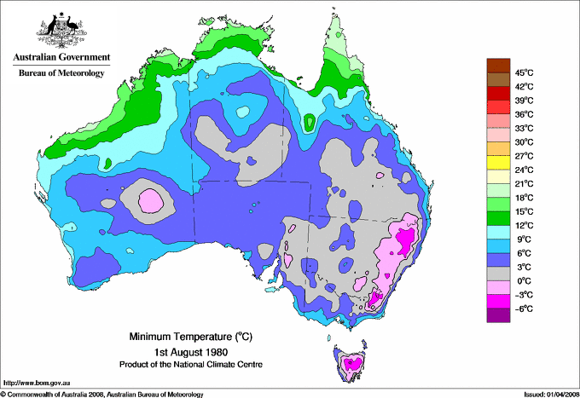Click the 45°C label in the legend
pyautogui.click(x=523, y=72)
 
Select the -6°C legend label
pyautogui.click(x=523, y=308)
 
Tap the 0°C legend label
pyautogui.click(x=523, y=280)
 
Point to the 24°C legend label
pyautogui.click(x=523, y=170)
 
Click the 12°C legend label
pyautogui.click(x=523, y=225)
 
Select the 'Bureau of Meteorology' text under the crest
pyautogui.click(x=61, y=73)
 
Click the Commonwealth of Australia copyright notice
pyautogui.click(x=102, y=393)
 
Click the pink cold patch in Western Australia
pyautogui.click(x=150, y=201)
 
